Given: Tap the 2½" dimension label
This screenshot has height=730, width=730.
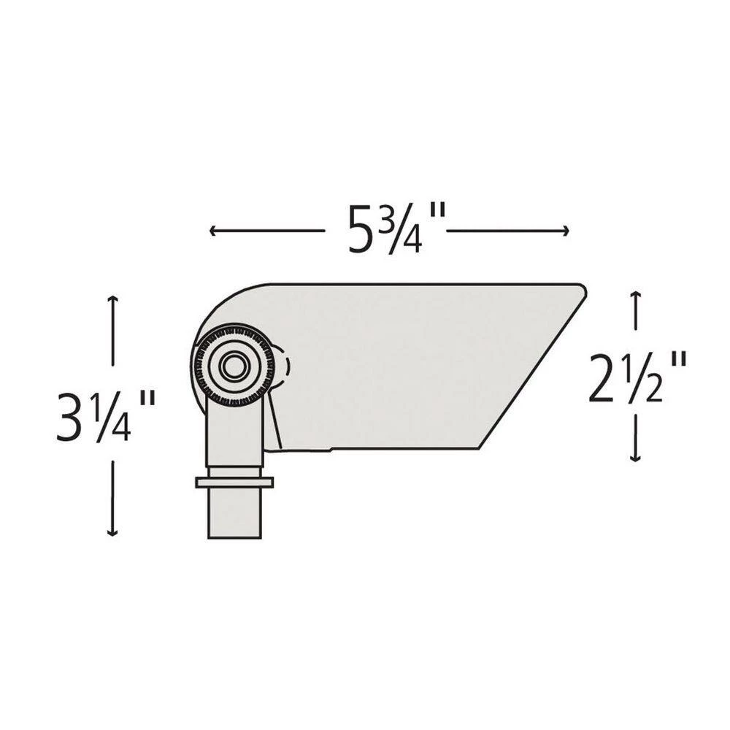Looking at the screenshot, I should tap(638, 377).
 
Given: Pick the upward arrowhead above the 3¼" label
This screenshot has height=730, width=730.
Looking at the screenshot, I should tap(112, 299).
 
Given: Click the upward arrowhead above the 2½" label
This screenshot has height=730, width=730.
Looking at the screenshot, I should tap(636, 295).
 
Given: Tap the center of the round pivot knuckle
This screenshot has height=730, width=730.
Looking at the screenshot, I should tap(234, 366).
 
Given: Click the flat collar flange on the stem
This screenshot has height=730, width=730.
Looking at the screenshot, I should tap(234, 482).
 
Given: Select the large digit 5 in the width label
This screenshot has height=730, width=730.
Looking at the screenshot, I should tap(362, 231).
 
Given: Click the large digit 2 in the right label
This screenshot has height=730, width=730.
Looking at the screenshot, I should tap(603, 378).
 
